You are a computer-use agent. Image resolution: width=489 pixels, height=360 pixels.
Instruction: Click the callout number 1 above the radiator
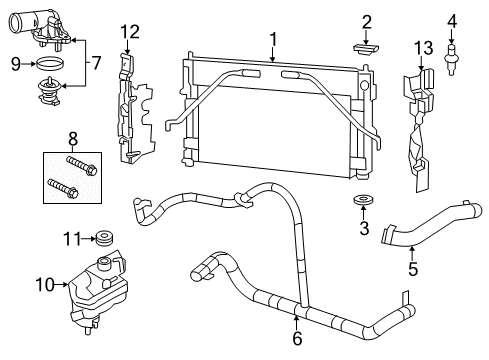click(x=272, y=39)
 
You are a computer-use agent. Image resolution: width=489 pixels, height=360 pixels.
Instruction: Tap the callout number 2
click(x=366, y=21)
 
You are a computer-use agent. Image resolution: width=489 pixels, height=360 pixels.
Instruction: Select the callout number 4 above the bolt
click(x=451, y=20)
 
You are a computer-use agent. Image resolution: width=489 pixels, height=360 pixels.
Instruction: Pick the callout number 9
click(x=15, y=64)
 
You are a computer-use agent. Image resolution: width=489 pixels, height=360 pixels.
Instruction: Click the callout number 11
click(x=70, y=238)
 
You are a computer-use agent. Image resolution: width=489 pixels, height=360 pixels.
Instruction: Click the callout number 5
click(x=411, y=268)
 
